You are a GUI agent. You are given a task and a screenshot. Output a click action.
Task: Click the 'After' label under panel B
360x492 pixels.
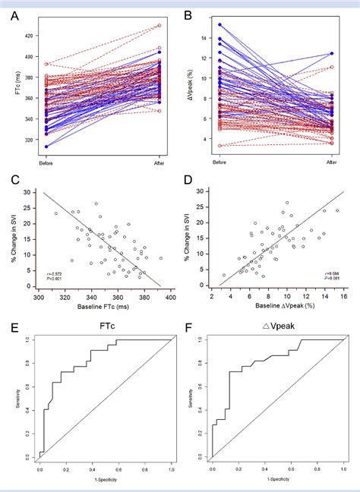click(331, 162)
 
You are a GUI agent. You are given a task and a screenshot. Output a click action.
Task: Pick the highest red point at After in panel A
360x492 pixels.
click(159, 25)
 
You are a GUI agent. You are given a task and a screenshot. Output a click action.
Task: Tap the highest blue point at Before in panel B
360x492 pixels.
click(220, 24)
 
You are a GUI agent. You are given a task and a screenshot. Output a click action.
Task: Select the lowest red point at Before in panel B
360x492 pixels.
click(220, 145)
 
